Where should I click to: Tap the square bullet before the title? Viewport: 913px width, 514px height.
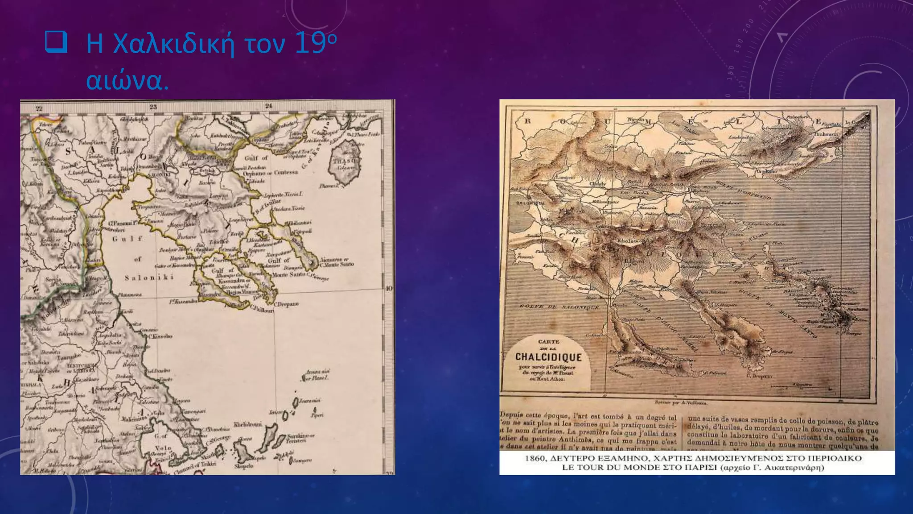click(56, 43)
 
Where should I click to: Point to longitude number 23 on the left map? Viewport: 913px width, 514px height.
click(153, 107)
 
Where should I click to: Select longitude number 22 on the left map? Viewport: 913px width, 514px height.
click(39, 108)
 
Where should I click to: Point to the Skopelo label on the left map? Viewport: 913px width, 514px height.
click(244, 466)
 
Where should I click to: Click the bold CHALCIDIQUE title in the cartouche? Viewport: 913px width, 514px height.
click(548, 357)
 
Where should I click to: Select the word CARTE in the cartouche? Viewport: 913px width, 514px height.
click(548, 342)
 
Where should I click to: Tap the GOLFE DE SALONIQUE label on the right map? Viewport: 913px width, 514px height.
click(559, 307)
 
